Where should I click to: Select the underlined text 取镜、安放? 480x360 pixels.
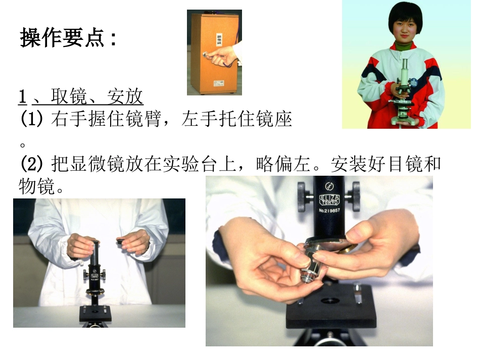click(97, 96)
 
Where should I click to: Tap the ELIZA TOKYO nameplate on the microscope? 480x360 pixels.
click(329, 197)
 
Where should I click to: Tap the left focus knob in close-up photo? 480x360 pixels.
click(303, 196)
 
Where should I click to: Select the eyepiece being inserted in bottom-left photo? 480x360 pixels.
click(95, 247)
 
